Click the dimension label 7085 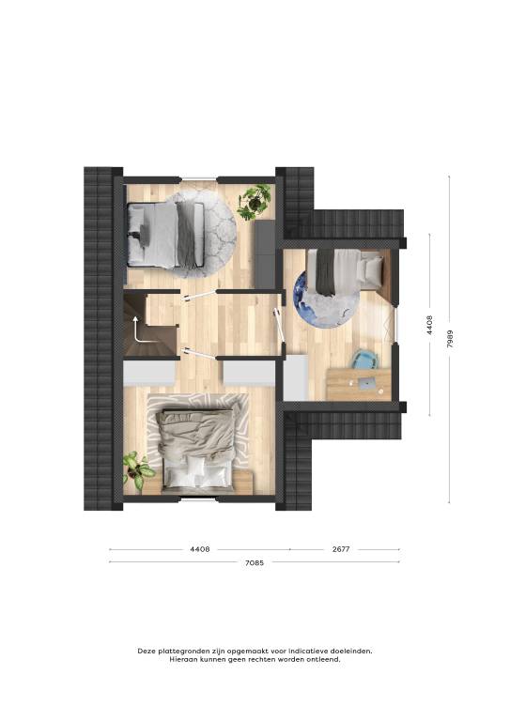(255, 562)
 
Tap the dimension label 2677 (341, 549)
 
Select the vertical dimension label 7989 (450, 338)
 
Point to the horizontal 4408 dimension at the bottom (200, 549)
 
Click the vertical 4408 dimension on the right (429, 325)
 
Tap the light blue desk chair (365, 360)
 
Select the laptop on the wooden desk (366, 383)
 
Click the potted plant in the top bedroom (255, 202)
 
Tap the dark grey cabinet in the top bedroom (265, 253)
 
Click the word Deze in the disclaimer (147, 651)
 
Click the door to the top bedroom (197, 295)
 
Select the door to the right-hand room (279, 325)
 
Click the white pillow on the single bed (373, 269)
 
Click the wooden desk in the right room (359, 384)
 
